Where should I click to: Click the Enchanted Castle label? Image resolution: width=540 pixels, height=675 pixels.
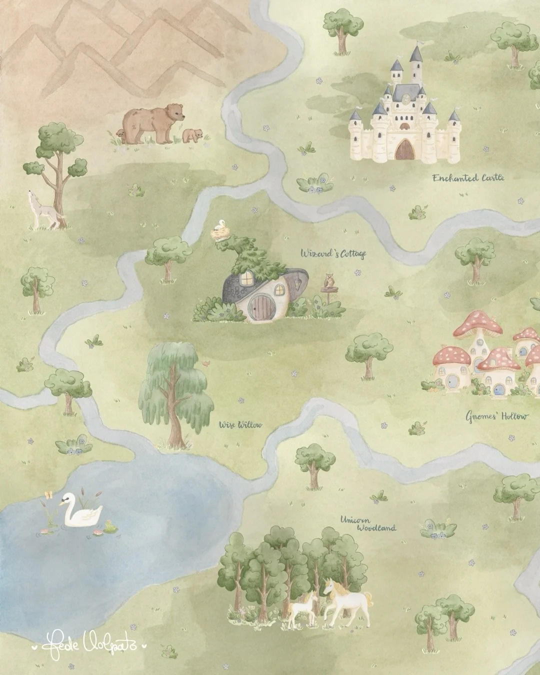[x=468, y=178]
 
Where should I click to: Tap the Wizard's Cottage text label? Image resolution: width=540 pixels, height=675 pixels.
[x=333, y=253]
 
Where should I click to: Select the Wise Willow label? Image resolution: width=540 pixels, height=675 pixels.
[x=240, y=425]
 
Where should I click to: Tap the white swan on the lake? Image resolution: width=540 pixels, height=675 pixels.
[x=81, y=511]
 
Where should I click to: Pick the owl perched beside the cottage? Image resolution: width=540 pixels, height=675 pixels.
[x=329, y=281]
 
